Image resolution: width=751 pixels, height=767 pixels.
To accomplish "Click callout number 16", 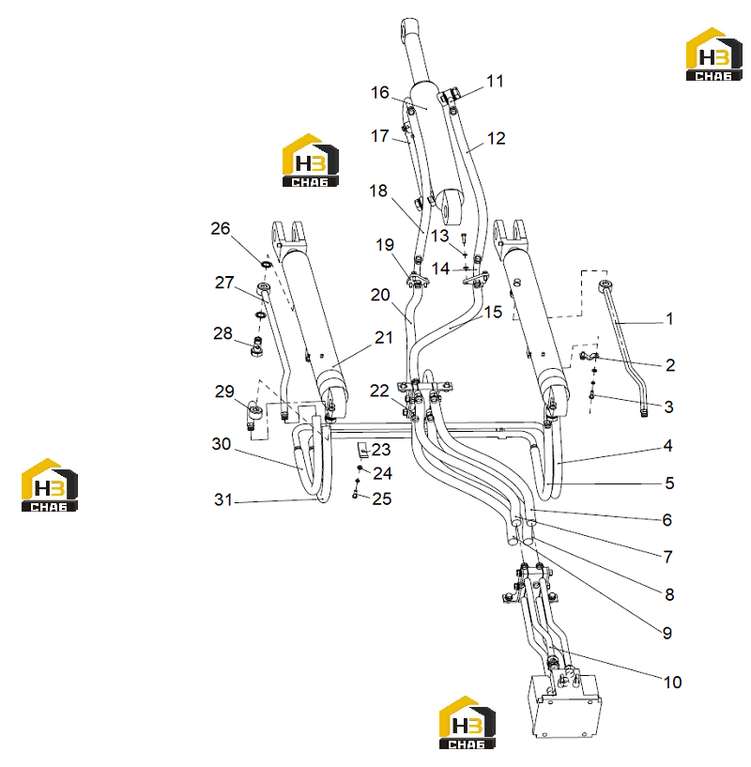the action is pyautogui.click(x=379, y=92).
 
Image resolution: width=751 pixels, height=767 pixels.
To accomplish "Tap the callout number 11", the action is pyautogui.click(x=495, y=81).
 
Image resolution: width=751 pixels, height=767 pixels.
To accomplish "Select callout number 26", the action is pyautogui.click(x=221, y=228).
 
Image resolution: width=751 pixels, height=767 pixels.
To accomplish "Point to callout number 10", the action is pyautogui.click(x=672, y=682).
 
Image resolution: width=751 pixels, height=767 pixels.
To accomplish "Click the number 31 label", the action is pyautogui.click(x=223, y=499).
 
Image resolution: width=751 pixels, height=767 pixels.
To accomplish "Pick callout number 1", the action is pyautogui.click(x=669, y=319).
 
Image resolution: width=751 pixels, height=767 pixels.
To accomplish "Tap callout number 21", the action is pyautogui.click(x=384, y=338).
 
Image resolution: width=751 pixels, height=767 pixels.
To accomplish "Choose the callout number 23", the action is pyautogui.click(x=381, y=450).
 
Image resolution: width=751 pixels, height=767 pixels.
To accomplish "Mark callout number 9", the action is pyautogui.click(x=667, y=633).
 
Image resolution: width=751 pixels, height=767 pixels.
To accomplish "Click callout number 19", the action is pyautogui.click(x=385, y=245).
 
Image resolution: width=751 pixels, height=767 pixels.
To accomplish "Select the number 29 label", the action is pyautogui.click(x=224, y=391).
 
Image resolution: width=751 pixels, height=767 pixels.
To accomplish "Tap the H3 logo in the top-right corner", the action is pyautogui.click(x=713, y=54).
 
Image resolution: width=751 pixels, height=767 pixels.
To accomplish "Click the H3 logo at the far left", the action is pyautogui.click(x=50, y=485).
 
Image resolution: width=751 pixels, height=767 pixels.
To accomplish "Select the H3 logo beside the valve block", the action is pyautogui.click(x=467, y=723).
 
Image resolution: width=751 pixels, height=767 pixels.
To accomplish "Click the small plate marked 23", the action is pyautogui.click(x=362, y=450).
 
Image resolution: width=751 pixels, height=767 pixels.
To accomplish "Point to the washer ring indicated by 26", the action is pyautogui.click(x=268, y=265).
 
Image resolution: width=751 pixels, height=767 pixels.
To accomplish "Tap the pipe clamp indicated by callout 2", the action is pyautogui.click(x=589, y=356).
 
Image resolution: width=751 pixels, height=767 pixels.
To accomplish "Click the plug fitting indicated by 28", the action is pyautogui.click(x=257, y=346).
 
